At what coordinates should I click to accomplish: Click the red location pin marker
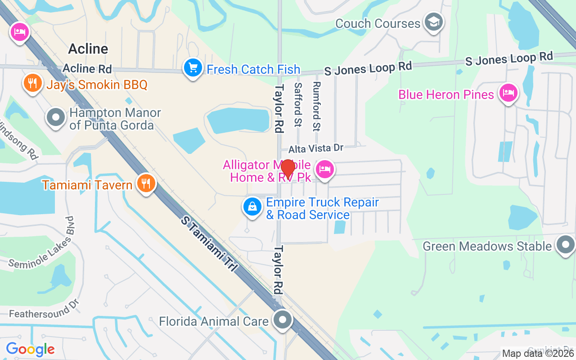[x=288, y=169]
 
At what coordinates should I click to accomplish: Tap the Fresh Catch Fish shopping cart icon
[x=193, y=68]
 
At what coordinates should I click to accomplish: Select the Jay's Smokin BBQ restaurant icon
[x=32, y=83]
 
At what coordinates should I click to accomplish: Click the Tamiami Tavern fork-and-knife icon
[x=146, y=184]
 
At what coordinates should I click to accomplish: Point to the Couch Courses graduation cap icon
[x=434, y=22]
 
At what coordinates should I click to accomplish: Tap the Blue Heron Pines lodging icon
[x=508, y=93]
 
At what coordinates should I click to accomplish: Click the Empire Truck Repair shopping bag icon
[x=252, y=207]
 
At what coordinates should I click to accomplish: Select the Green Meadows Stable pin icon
[x=565, y=245]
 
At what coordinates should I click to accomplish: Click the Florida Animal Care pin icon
[x=283, y=320]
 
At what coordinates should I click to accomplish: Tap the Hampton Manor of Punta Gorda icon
[x=56, y=118]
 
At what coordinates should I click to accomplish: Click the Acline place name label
[x=88, y=49]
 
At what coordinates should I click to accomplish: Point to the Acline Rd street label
[x=87, y=69]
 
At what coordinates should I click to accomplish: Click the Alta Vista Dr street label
[x=316, y=148]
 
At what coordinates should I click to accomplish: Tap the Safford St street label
[x=297, y=104]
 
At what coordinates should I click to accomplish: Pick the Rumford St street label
[x=316, y=106]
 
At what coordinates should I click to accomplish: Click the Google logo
[x=30, y=349]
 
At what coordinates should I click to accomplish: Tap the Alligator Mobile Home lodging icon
[x=324, y=170]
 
